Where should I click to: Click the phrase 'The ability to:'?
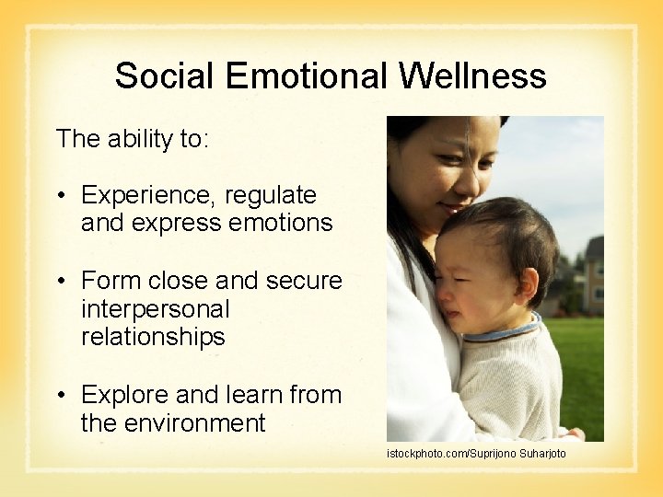click(133, 139)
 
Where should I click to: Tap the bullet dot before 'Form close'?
click(61, 281)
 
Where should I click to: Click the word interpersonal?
click(156, 309)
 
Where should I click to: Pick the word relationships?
click(153, 337)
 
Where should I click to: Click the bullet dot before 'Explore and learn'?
click(61, 396)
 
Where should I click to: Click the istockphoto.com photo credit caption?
click(476, 454)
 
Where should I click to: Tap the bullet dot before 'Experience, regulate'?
click(61, 196)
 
